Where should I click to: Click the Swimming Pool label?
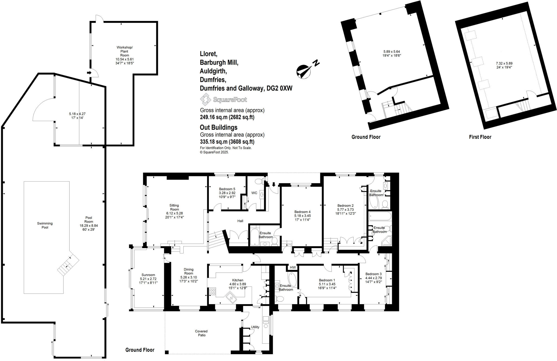tap(45, 225)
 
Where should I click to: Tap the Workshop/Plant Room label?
tap(125, 51)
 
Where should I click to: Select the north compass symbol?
tap(304, 71)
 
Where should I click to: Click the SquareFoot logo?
tap(224, 100)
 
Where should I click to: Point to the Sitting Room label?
tap(174, 207)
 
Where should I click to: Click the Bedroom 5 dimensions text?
tap(227, 195)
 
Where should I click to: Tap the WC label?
tap(254, 193)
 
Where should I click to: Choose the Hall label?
tap(240, 221)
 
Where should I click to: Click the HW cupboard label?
tap(293, 267)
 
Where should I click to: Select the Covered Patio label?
tap(202, 333)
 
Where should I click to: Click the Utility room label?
tap(255, 327)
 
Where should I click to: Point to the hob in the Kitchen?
tap(212, 292)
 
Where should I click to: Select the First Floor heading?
tap(480, 137)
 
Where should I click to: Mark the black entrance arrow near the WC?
tap(274, 185)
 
